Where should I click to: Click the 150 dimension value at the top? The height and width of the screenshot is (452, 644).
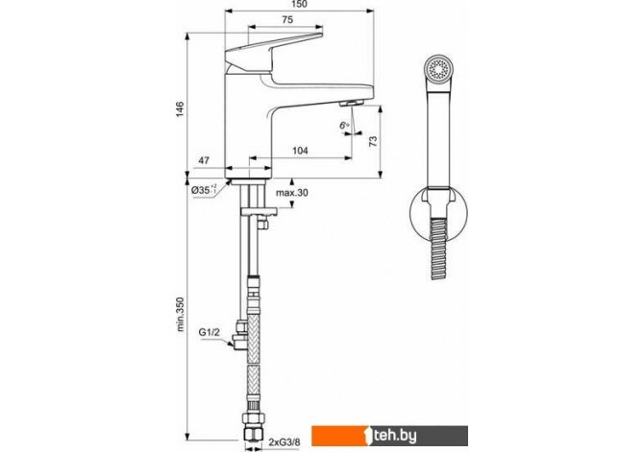click(300, 4)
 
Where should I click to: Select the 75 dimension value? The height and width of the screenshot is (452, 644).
click(288, 19)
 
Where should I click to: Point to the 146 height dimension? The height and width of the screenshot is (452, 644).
click(180, 108)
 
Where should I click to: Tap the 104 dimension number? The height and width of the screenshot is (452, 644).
click(300, 151)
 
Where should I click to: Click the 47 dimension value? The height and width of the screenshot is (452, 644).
click(204, 160)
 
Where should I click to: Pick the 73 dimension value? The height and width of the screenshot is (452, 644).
click(373, 141)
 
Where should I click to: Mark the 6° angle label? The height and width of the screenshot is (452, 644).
click(344, 126)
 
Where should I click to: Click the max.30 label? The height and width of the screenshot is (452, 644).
click(291, 193)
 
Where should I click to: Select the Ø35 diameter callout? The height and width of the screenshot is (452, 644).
click(204, 190)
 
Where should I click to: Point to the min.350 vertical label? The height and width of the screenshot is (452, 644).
click(180, 314)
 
